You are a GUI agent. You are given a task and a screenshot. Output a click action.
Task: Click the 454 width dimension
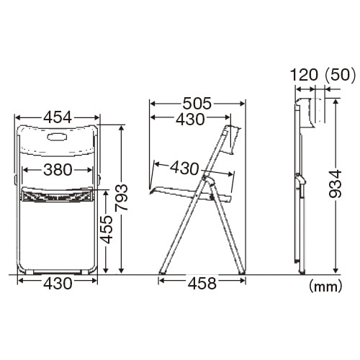coord(58,117)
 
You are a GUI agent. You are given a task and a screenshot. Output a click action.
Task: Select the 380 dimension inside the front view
coord(58,170)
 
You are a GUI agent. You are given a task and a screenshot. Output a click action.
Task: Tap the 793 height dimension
coord(121,198)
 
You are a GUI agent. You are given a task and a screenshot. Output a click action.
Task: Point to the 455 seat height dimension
coord(106,230)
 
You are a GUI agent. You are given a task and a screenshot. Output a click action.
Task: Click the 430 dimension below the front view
coord(58,283)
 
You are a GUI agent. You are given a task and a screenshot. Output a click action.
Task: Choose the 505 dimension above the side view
coord(197,104)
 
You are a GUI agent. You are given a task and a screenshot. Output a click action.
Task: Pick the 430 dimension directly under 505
coord(190,119)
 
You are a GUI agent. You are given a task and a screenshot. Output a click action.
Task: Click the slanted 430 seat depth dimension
coord(184,168)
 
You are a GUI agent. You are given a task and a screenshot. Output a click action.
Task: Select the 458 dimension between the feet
coord(202,284)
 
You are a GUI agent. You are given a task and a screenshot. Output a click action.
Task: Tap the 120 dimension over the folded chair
coord(304,75)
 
